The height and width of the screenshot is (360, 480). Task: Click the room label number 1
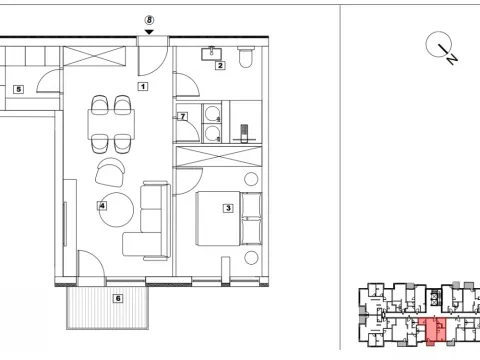143,87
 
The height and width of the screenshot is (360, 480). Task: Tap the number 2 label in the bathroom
220,66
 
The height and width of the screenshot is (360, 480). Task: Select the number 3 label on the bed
229,208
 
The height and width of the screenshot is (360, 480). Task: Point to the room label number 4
102,207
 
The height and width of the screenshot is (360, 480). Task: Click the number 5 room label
18,89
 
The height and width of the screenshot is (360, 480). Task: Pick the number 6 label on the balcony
117,297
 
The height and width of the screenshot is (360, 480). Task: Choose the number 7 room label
183,117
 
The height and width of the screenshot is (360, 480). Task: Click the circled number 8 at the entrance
149,20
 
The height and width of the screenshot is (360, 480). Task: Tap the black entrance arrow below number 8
149,32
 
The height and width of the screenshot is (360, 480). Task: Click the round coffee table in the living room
120,209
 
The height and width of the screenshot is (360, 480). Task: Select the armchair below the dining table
109,172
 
